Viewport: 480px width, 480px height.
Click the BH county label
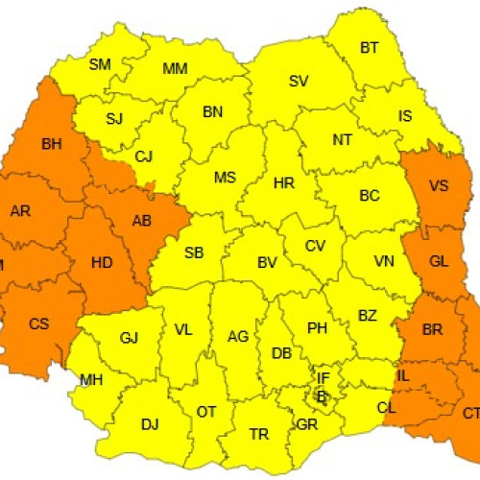pos(51,146)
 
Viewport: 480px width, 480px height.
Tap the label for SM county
pos(100,64)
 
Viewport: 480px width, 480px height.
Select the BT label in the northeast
pos(370,47)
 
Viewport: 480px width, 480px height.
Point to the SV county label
pos(298,81)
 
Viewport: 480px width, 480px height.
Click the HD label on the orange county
pos(102,261)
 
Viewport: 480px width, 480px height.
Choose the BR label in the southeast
pos(432,330)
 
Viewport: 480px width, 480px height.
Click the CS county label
pos(38,324)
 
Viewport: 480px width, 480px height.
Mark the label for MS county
pos(225,178)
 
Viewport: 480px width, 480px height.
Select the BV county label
pos(267,261)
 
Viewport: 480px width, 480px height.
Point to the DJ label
pos(150,423)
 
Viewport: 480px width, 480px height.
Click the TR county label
pos(259,434)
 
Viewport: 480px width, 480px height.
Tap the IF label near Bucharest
pos(324,380)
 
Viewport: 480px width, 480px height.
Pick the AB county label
pos(141,220)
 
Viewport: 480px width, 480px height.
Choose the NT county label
pos(342,139)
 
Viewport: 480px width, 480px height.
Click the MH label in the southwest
pos(91,380)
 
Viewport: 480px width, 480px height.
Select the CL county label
pos(386,407)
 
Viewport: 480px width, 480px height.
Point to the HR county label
pos(283,181)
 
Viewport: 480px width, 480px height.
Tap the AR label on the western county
pos(20,210)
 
